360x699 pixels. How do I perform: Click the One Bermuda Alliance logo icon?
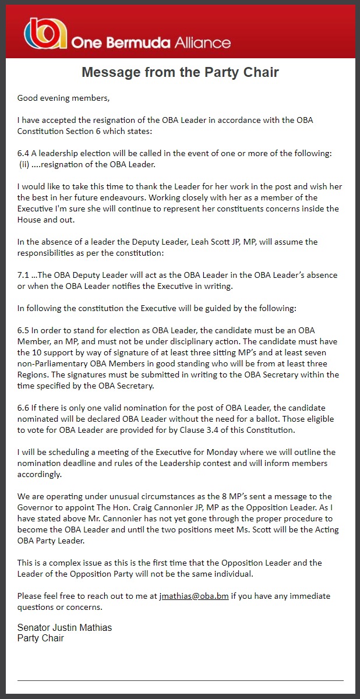point(45,34)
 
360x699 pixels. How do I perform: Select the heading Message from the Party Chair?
point(180,72)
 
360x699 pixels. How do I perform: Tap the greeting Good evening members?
point(63,98)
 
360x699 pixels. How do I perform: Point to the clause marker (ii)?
point(26,164)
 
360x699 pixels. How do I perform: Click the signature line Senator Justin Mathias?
point(64,627)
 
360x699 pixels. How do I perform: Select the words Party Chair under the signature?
point(41,638)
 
